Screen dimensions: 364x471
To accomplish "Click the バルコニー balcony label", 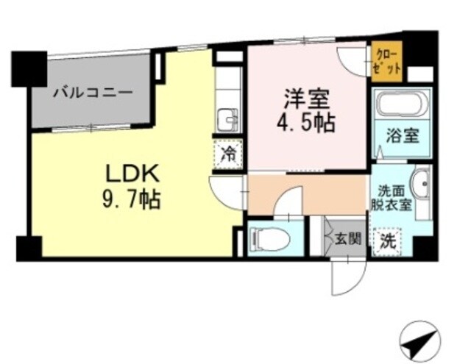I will pos(92,94).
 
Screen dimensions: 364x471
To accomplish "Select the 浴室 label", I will pos(402,136).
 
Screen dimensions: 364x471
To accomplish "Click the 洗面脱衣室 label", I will pos(390,197).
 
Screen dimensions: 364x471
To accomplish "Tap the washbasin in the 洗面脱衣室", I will pos(420,184).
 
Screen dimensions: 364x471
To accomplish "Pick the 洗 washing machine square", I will pos(388,239).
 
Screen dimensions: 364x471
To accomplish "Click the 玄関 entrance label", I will pos(347,238).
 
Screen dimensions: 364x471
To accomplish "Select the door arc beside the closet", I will pos(352,60).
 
